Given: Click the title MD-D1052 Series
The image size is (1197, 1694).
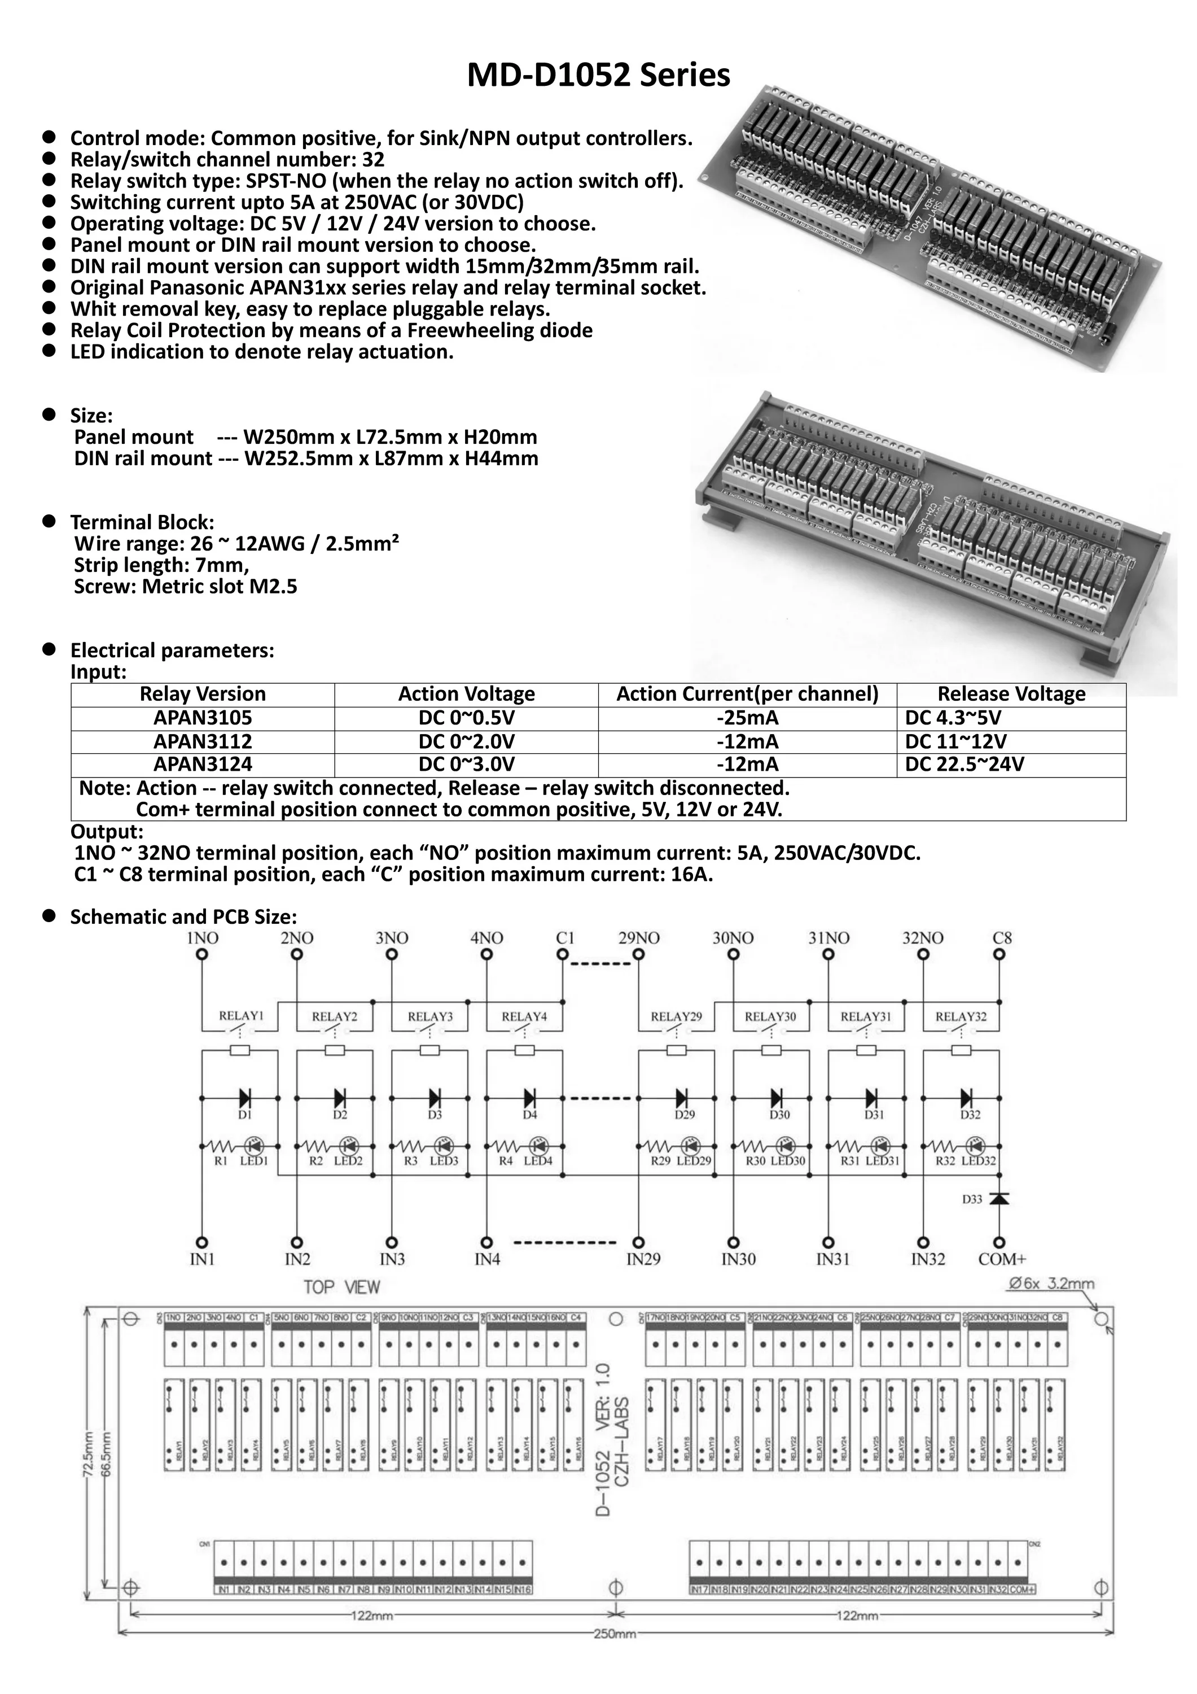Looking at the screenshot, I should [598, 75].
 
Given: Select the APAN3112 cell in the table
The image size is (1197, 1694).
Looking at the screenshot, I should [202, 741].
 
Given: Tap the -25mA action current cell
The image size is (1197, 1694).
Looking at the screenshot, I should [747, 718].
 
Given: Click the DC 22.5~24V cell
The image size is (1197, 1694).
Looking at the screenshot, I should [964, 765].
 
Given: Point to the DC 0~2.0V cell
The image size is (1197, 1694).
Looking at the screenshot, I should [466, 741].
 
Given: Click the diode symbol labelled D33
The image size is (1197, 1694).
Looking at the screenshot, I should [999, 1199].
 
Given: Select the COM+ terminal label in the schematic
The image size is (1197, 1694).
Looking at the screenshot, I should [1002, 1259].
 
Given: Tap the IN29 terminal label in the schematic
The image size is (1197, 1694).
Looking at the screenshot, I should [643, 1259].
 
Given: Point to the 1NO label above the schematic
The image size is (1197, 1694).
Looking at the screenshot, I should [202, 938].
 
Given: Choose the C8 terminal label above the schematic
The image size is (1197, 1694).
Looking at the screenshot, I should [1002, 938].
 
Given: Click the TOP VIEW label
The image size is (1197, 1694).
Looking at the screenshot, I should [341, 1287].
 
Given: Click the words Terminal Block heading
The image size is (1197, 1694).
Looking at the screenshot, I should [142, 522].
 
